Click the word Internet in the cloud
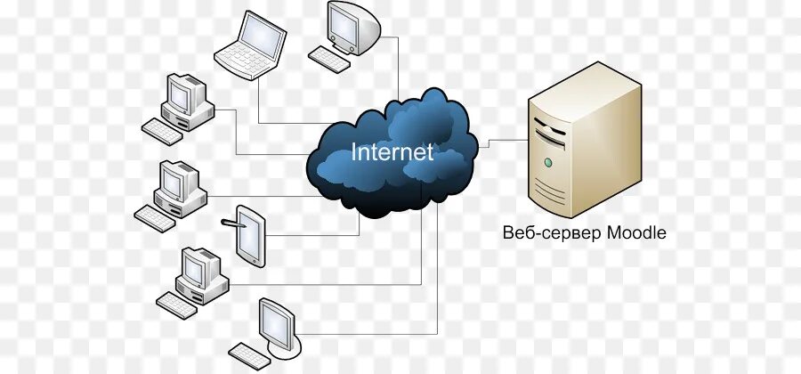[x=392, y=151]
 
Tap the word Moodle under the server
[x=635, y=233]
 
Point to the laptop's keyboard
[x=241, y=61]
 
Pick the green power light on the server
[x=548, y=163]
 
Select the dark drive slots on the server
[x=549, y=134]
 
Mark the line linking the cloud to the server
[x=503, y=140]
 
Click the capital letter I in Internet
[x=354, y=151]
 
